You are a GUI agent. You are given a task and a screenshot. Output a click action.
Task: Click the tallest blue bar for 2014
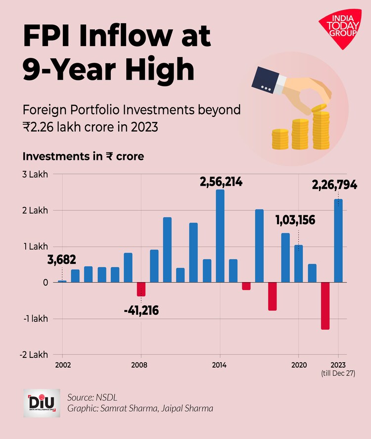tap(220, 236)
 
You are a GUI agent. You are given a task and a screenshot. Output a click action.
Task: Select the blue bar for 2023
tap(338, 241)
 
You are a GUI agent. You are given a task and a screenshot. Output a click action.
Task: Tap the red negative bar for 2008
tap(141, 289)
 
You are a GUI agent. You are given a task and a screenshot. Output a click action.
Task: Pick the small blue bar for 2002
tap(62, 281)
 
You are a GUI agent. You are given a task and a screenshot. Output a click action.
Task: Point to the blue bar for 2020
tap(298, 263)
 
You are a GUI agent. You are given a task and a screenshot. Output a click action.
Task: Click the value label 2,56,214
tap(221, 182)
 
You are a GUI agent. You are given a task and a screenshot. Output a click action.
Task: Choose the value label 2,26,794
tap(334, 186)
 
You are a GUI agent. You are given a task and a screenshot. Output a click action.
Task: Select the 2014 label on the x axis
tap(219, 365)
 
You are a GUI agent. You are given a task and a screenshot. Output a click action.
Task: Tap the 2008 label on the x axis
tap(141, 365)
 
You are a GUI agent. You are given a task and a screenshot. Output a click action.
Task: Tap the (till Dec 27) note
tap(338, 373)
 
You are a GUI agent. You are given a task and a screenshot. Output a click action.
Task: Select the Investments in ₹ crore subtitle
tap(83, 156)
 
